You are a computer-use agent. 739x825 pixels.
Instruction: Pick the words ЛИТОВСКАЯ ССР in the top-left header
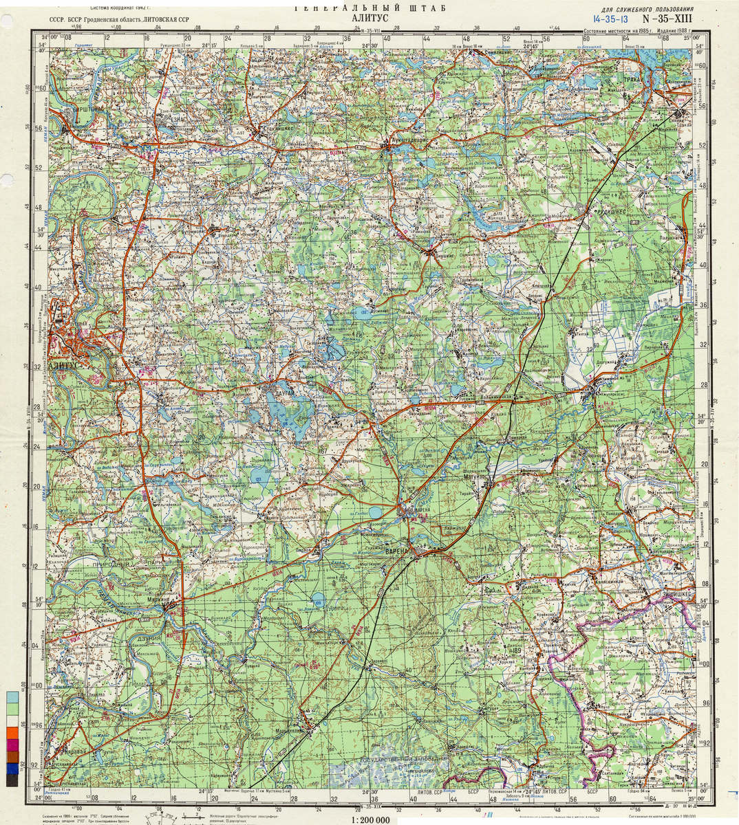click(x=165, y=21)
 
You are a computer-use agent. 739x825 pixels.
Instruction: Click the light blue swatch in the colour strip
click(x=12, y=696)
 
